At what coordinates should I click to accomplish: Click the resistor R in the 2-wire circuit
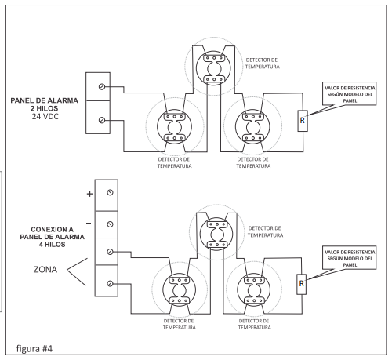303,121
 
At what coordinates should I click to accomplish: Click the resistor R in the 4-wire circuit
301,284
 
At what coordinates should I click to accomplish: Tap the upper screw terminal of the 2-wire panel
102,86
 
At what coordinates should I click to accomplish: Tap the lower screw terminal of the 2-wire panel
102,120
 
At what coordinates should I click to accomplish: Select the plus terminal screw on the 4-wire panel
110,193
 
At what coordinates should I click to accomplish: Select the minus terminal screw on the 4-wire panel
110,224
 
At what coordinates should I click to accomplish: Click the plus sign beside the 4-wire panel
89,194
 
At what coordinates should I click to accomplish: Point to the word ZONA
45,269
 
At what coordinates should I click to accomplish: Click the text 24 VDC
45,116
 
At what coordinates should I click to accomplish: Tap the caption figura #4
34,348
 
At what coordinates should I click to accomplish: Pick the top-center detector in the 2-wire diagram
214,68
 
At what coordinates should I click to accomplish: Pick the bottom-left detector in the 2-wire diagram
174,126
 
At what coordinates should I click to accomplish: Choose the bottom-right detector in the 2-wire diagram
252,126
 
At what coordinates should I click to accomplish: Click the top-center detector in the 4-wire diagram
216,234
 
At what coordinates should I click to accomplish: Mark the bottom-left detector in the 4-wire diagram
180,290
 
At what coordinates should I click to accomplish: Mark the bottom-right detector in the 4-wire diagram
254,290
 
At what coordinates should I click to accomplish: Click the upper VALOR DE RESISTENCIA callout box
350,93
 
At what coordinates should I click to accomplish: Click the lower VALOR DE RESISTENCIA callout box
350,258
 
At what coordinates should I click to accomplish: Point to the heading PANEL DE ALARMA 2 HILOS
44,104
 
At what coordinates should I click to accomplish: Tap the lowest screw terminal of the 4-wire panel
110,283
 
